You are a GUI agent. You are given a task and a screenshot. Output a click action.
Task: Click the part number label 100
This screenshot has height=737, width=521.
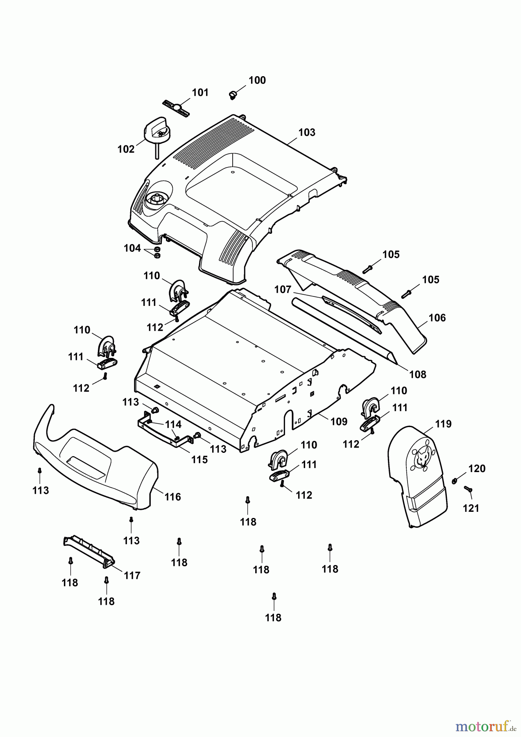tap(257, 80)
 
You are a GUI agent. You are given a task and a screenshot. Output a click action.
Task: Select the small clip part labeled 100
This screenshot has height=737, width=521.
tap(233, 95)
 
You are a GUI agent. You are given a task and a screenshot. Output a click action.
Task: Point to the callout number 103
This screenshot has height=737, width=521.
tap(307, 132)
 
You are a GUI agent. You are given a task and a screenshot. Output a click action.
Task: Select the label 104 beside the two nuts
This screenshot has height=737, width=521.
tap(132, 248)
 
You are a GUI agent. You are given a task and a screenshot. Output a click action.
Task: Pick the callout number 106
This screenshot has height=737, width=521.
tap(437, 318)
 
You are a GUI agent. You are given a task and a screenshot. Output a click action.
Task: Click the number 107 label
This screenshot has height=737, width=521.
tap(283, 290)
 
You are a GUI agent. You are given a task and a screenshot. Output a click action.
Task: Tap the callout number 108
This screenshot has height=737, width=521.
tap(418, 374)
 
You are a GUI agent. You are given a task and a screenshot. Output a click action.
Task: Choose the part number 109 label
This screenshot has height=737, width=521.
tap(339, 421)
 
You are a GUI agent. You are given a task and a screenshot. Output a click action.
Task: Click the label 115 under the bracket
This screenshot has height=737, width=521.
tap(199, 460)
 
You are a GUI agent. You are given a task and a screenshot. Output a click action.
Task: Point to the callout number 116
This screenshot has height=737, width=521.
tap(172, 497)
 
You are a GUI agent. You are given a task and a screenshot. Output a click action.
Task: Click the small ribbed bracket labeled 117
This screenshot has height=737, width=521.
tap(88, 551)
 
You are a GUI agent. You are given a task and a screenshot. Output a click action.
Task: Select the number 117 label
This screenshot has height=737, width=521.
tap(132, 575)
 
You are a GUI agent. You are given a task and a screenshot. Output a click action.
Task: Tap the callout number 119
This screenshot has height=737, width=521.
tap(443, 424)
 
